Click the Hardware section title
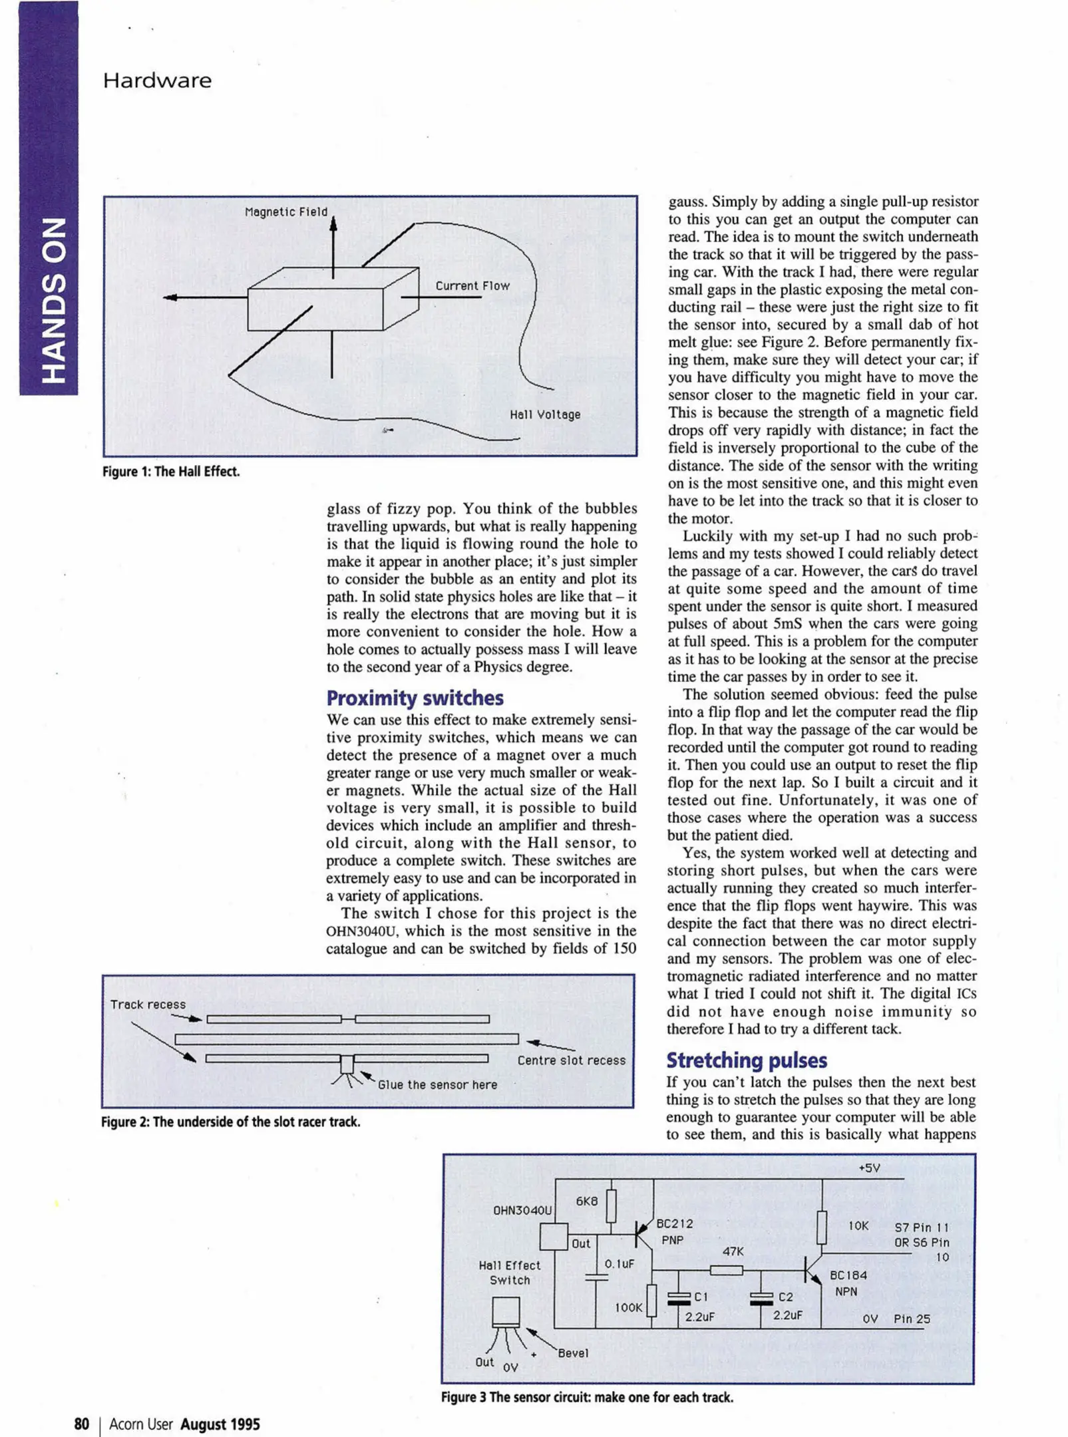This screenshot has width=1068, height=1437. pos(157,81)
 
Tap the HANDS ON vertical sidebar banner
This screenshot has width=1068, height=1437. pos(49,299)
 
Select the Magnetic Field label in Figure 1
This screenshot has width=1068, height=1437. pos(286,212)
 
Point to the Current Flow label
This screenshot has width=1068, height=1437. pos(472,286)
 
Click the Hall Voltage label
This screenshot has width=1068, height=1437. pos(545,414)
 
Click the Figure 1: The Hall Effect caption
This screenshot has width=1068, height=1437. pos(171,472)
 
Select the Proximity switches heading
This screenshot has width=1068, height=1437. pos(415,698)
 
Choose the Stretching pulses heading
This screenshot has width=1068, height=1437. pos(747,1060)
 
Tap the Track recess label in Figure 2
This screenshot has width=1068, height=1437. pos(148,1005)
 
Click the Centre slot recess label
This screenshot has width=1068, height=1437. pos(572,1060)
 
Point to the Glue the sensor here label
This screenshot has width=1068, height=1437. pos(437,1084)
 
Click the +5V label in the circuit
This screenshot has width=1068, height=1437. pos(869,1168)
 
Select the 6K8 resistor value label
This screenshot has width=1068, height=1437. pos(586,1201)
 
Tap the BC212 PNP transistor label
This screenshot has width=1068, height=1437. pos(674,1231)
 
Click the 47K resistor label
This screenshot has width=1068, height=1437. pos(733,1251)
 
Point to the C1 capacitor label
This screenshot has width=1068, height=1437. pos(701,1297)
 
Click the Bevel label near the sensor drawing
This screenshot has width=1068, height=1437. pos(573,1353)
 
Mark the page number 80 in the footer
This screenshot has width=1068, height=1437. pos(81,1424)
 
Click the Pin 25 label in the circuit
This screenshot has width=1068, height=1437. pos(912,1319)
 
